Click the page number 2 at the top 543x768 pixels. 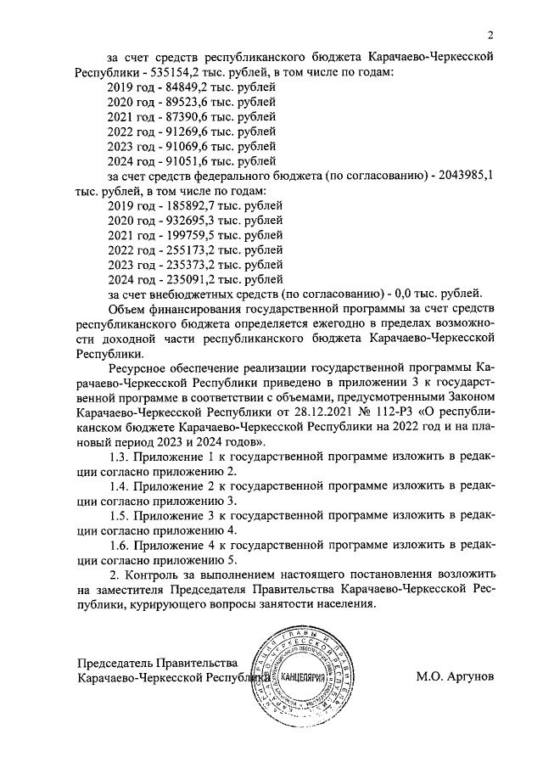point(490,35)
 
